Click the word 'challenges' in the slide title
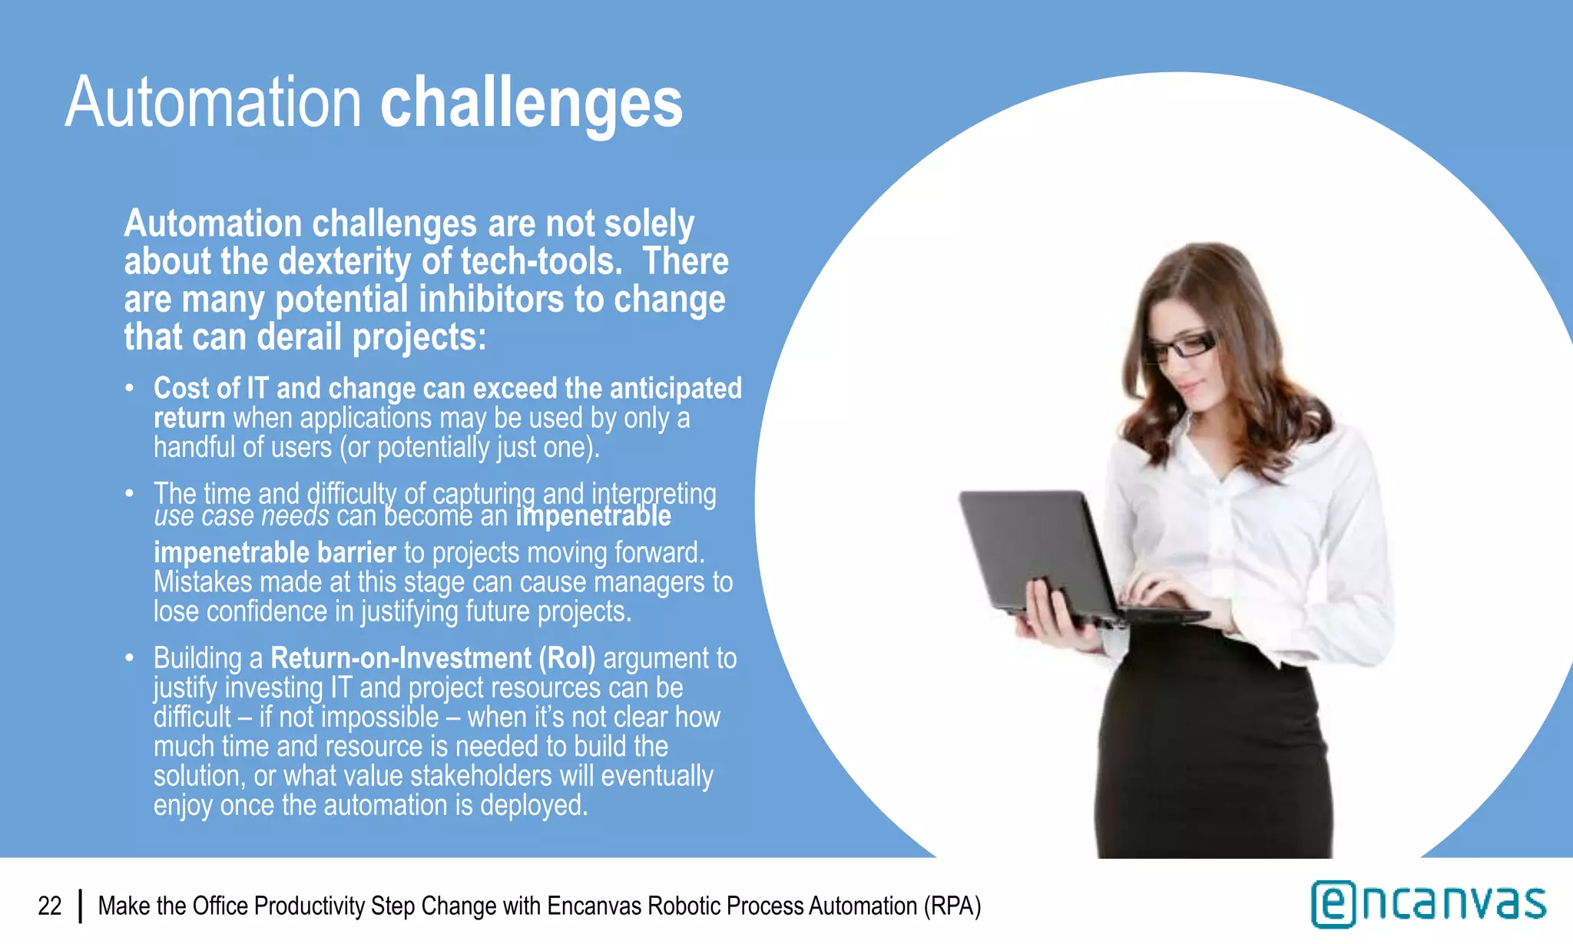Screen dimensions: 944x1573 click(x=532, y=104)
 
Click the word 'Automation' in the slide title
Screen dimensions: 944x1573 click(x=214, y=104)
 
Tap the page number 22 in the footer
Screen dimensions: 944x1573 click(x=50, y=906)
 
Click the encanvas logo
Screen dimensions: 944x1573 click(x=1429, y=904)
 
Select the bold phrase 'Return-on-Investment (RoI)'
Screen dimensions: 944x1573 click(x=432, y=658)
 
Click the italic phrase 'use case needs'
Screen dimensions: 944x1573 click(x=241, y=516)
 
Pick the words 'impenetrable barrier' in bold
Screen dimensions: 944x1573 click(x=274, y=553)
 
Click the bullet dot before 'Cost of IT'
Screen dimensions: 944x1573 click(x=130, y=388)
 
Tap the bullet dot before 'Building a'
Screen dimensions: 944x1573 click(x=130, y=658)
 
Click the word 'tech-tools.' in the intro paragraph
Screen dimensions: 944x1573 click(x=541, y=262)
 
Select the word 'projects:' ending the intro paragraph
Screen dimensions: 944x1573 click(x=419, y=337)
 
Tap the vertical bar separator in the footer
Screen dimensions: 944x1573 click(x=81, y=906)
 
